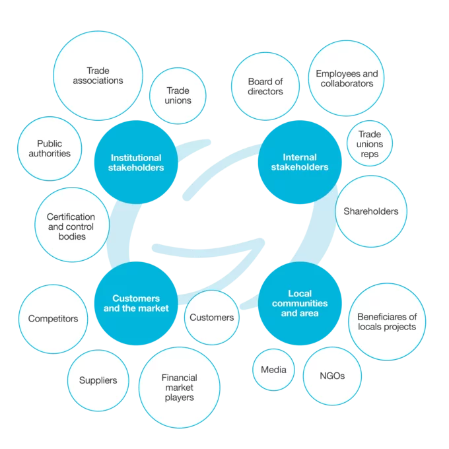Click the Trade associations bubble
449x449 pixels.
point(98,75)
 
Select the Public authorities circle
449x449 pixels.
point(50,149)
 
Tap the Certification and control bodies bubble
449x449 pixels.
point(72,224)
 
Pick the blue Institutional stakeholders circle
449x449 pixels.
point(136,162)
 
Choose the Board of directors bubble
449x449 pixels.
point(265,86)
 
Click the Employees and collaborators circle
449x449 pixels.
point(346,78)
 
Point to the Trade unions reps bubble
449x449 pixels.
point(370,143)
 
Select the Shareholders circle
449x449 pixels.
point(371,211)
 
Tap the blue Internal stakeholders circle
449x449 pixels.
point(300,162)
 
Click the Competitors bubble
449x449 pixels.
point(53,319)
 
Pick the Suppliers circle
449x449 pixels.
point(98,380)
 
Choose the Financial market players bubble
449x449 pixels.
point(180,388)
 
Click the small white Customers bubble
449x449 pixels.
point(212,318)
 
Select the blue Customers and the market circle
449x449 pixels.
point(136,304)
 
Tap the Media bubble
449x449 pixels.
point(273,370)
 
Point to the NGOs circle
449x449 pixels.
point(332,376)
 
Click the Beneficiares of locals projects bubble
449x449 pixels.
point(387,322)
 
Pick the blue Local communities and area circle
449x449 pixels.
point(300,304)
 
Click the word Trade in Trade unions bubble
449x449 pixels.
point(178,90)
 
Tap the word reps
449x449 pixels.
point(370,155)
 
